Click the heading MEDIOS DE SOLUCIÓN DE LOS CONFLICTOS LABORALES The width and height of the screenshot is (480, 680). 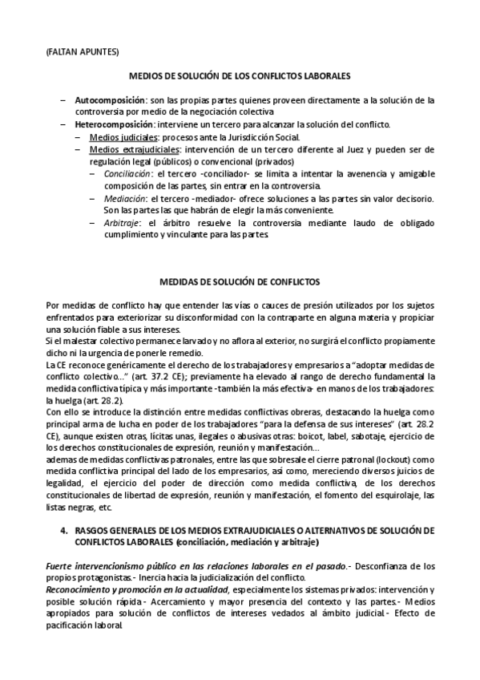(x=240, y=76)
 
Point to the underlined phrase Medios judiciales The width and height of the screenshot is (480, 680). (x=118, y=137)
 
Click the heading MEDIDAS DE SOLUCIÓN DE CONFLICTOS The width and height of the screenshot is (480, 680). (x=240, y=282)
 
